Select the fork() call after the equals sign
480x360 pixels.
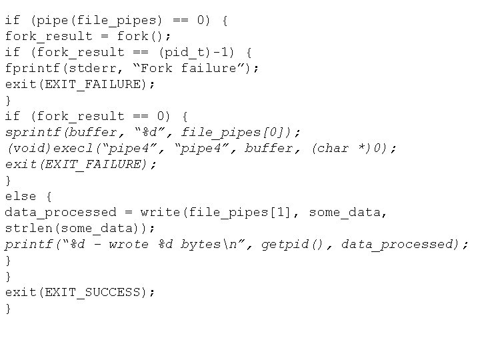pyautogui.click(x=141, y=36)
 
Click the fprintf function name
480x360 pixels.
pyautogui.click(x=33, y=68)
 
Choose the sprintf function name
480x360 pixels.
pyautogui.click(x=33, y=132)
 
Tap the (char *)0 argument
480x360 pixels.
pyautogui.click(x=353, y=148)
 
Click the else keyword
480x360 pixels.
pyautogui.click(x=21, y=196)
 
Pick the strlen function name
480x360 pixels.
pyautogui.click(x=29, y=228)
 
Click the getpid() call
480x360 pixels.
pyautogui.click(x=293, y=244)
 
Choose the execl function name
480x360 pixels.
pyautogui.click(x=69, y=148)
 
